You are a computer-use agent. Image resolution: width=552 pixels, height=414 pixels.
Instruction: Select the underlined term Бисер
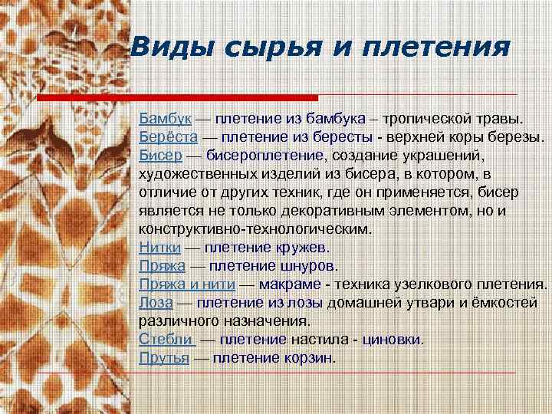point(160,156)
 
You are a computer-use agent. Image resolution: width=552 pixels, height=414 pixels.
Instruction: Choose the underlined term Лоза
point(156,303)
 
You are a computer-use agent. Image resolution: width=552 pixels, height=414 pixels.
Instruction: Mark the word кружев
point(301,248)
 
